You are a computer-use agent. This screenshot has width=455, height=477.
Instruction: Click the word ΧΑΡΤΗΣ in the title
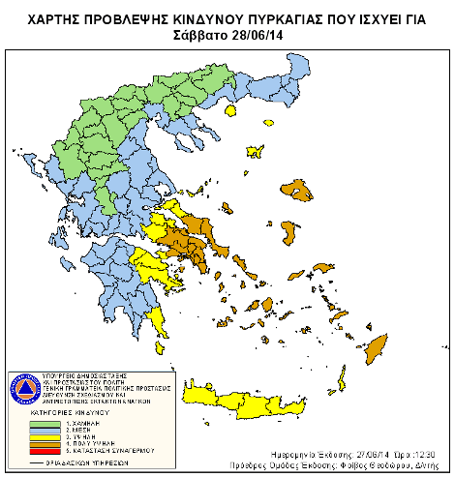56,17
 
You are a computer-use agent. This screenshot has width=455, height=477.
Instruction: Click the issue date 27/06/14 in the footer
351,454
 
